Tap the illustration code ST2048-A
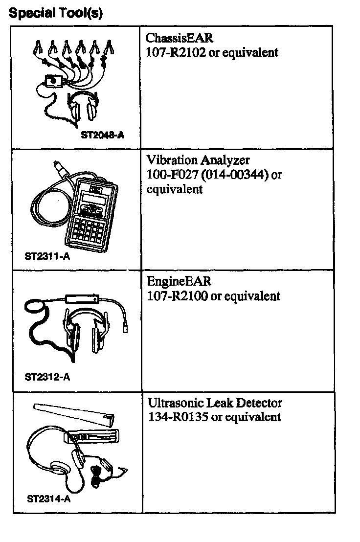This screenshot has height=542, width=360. (102, 135)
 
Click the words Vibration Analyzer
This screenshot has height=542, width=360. (198, 160)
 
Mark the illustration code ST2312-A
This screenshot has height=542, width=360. (47, 377)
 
